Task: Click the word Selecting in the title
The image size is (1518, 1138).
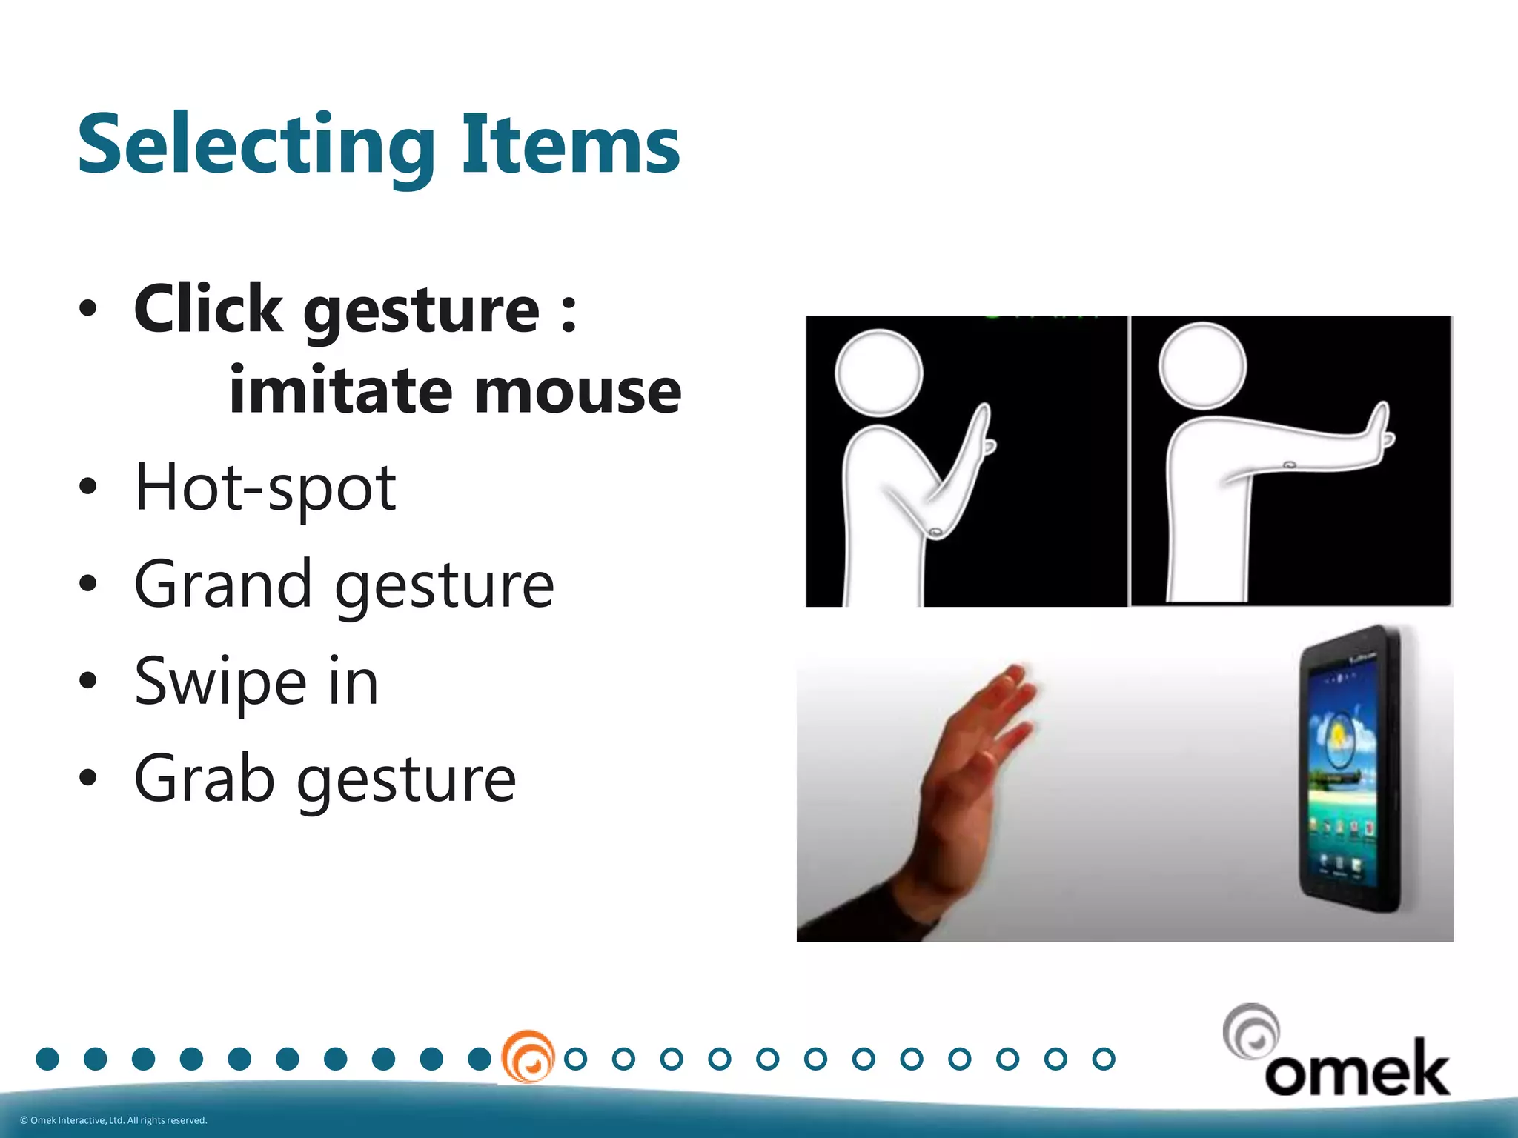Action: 256,145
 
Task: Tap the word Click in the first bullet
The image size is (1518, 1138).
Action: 208,310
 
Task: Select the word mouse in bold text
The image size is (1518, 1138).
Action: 577,391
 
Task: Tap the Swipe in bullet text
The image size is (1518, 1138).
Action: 256,682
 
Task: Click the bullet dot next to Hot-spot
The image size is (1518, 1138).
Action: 87,488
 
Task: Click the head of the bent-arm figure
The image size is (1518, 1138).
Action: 878,372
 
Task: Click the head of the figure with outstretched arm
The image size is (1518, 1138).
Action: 1202,366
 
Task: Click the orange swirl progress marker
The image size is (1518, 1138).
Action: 528,1057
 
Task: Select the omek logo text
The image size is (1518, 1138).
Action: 1356,1068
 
